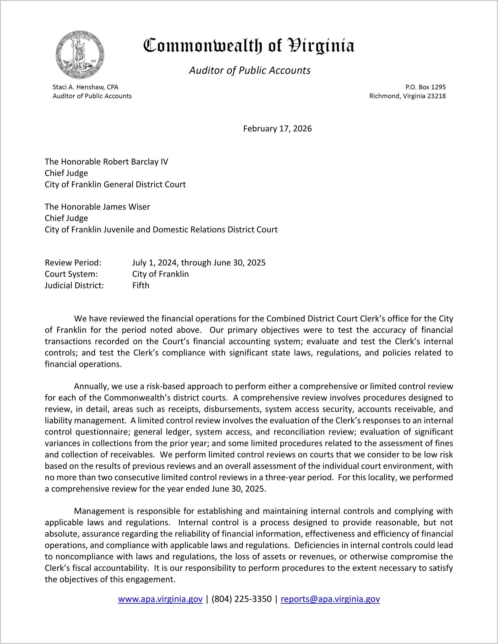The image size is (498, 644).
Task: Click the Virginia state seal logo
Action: (x=80, y=55)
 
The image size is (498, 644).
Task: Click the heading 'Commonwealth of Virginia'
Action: (x=249, y=46)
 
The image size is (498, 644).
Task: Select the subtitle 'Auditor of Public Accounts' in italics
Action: (x=250, y=70)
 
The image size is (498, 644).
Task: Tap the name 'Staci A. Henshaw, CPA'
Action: (x=85, y=87)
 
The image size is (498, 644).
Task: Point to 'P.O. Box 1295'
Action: (x=425, y=87)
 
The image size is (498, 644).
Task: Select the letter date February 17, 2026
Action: (x=277, y=129)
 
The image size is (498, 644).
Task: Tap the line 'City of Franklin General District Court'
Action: (x=115, y=184)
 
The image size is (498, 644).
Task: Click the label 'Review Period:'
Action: (x=73, y=262)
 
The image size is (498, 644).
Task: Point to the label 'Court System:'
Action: (x=71, y=274)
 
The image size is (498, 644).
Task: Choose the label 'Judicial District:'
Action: (x=74, y=285)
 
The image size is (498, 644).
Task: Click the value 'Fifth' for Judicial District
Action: (x=141, y=285)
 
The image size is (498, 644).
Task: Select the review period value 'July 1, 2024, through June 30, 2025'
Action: (x=199, y=262)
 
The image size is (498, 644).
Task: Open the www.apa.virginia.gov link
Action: (x=160, y=599)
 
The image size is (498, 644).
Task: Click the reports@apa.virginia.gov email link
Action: (x=330, y=599)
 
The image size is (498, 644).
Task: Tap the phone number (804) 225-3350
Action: (x=241, y=599)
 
